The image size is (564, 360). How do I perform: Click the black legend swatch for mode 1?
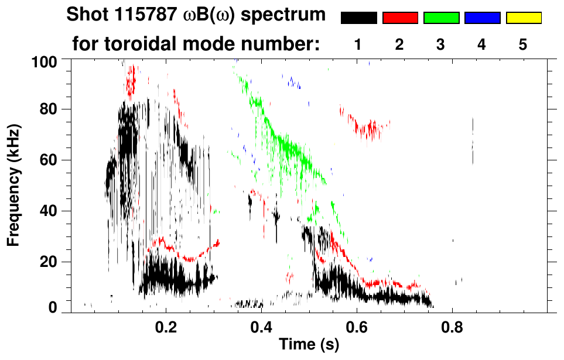359,18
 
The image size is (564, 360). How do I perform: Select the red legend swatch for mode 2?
400,18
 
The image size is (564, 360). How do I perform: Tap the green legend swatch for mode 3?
441,18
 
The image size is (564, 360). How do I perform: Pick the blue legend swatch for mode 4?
482,18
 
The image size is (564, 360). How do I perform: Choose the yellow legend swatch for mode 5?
523,18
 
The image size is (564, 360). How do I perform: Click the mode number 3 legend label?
441,44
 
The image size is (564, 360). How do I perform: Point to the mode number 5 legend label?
523,44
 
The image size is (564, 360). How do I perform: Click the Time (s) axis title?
309,345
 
